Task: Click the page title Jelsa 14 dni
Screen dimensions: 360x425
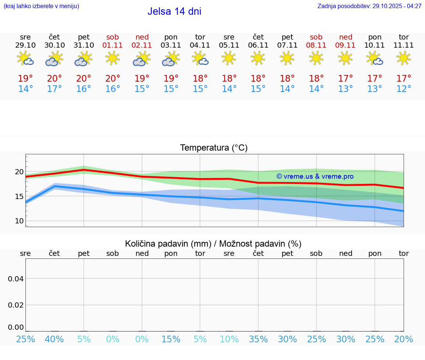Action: [174, 11]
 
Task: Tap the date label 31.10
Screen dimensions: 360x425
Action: [84, 45]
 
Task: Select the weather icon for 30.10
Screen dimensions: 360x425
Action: [55, 58]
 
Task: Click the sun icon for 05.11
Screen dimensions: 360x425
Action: [229, 58]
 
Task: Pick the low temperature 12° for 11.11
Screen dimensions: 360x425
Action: [404, 89]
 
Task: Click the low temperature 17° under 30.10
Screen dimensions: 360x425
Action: [55, 89]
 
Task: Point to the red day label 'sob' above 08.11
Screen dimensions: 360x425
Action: [316, 37]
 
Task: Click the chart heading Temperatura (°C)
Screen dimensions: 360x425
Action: [214, 148]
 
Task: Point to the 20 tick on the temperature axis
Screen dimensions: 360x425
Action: [19, 172]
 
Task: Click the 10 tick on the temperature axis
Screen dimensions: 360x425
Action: [19, 221]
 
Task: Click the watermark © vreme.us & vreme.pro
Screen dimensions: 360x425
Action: [315, 176]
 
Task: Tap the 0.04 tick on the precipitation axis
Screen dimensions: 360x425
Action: [16, 278]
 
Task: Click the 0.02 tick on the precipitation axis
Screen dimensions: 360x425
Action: [16, 305]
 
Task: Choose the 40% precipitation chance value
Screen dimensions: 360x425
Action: [55, 339]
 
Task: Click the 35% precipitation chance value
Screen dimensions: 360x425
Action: [258, 339]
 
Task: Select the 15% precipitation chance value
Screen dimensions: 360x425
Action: [171, 339]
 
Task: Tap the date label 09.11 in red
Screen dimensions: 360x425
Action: [345, 45]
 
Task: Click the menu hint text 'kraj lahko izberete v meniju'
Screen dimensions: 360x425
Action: [41, 6]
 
